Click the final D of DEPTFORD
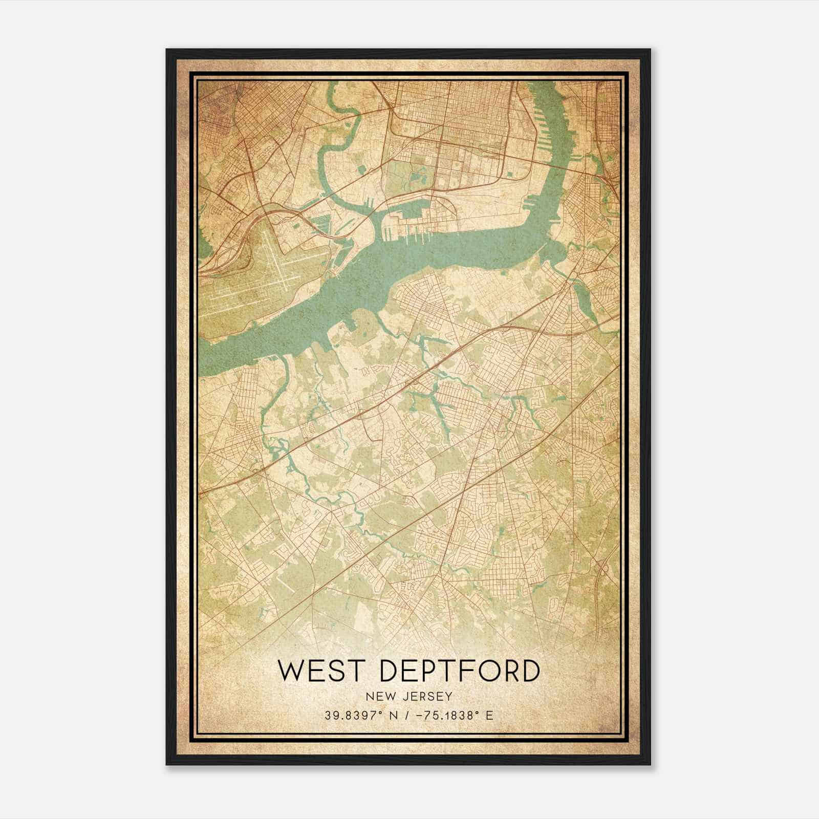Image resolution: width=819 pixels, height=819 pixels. [529, 671]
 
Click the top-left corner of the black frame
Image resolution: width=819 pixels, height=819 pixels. [167, 50]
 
